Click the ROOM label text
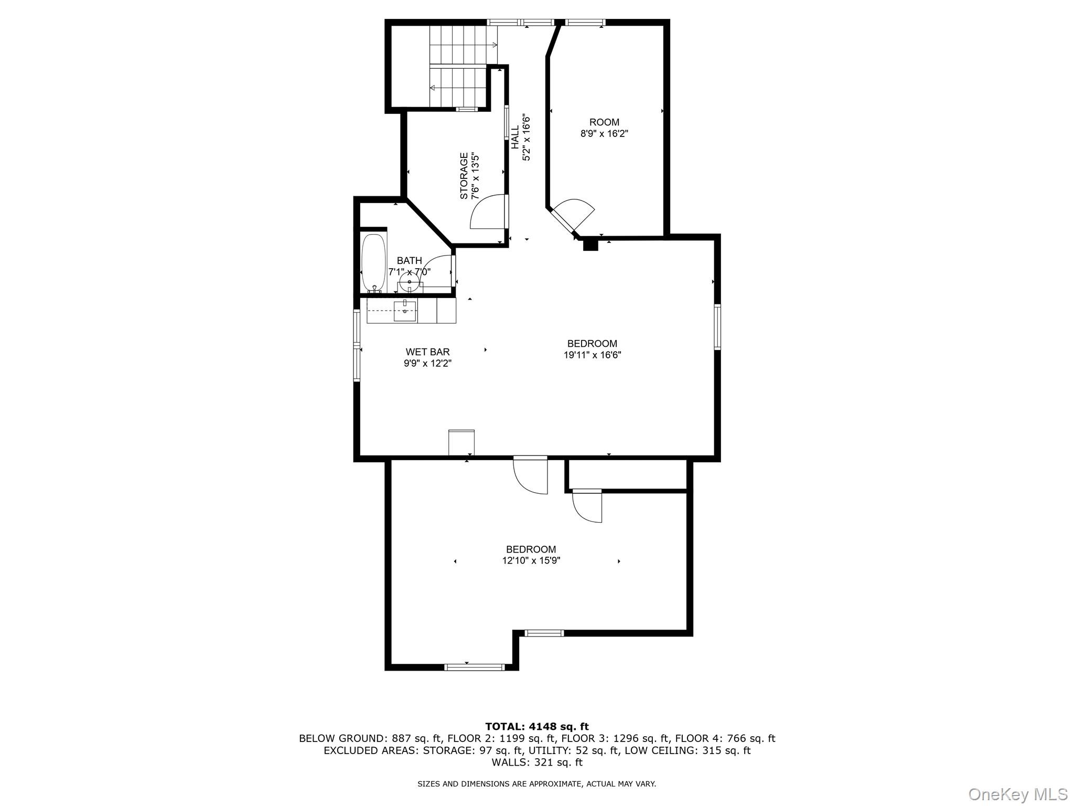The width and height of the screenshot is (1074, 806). point(604,122)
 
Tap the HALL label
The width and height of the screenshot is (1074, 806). point(515,137)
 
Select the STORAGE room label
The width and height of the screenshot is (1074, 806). point(464,176)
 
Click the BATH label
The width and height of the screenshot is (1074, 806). point(409,261)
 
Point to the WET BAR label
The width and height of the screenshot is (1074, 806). point(427,352)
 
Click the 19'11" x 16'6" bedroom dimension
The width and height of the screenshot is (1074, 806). point(592,355)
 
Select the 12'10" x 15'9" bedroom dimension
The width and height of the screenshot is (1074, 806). point(531,561)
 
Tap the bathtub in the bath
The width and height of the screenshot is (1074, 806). point(373,262)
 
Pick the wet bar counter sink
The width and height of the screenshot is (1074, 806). point(405,311)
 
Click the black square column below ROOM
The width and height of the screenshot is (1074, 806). point(590,244)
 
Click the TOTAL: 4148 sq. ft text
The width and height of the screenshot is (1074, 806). point(536,726)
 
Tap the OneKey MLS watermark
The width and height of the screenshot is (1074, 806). point(1017,794)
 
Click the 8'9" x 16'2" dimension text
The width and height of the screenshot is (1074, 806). point(604,134)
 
